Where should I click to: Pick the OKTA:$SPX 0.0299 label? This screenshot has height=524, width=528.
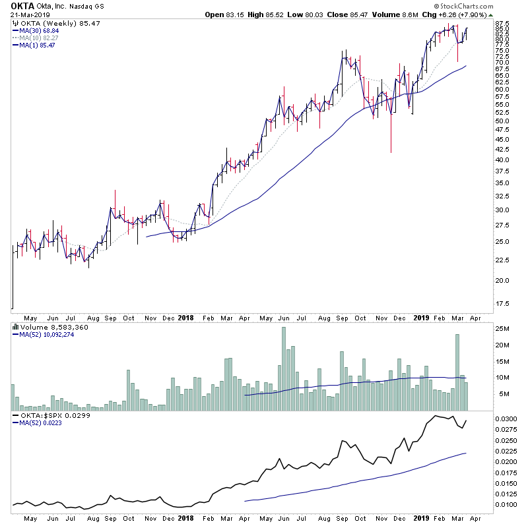click(x=48, y=417)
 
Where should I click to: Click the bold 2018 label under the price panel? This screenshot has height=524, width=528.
click(x=187, y=317)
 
